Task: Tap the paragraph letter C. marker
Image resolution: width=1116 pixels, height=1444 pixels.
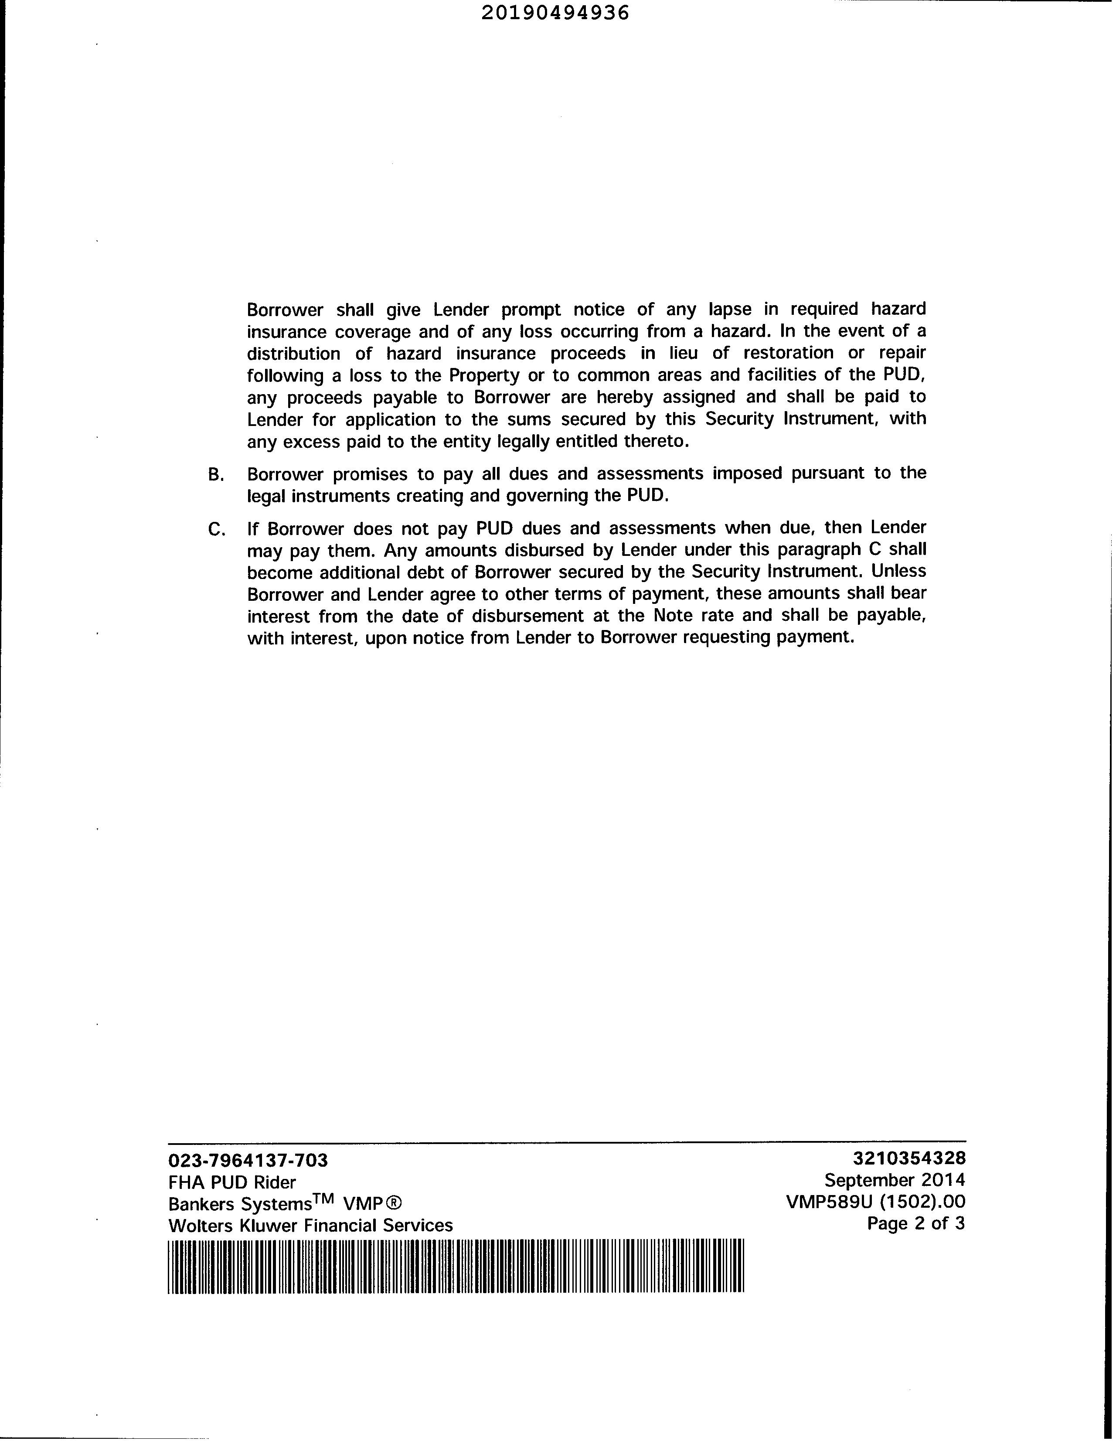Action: (216, 529)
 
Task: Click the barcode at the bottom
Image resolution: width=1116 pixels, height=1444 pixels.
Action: (456, 1266)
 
